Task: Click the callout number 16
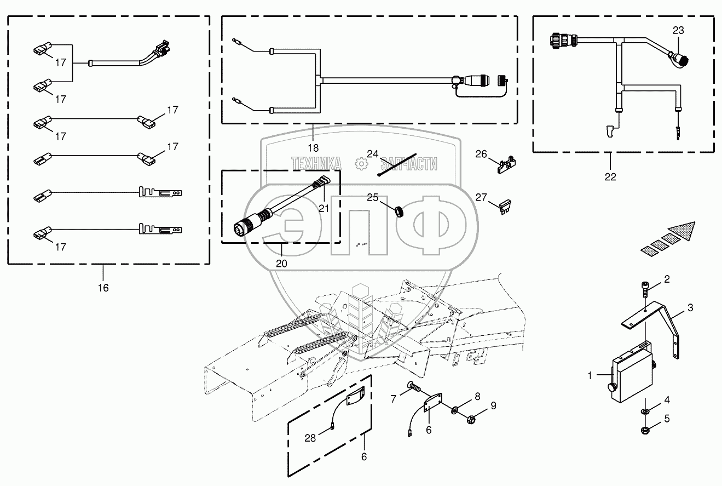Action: pos(103,288)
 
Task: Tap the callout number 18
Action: pos(313,147)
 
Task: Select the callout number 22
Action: pos(610,176)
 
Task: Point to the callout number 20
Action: pos(281,263)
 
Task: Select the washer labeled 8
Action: pos(455,409)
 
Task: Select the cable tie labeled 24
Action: pos(397,165)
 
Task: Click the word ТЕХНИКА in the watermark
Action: pos(316,163)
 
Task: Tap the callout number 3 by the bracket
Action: pos(690,308)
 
